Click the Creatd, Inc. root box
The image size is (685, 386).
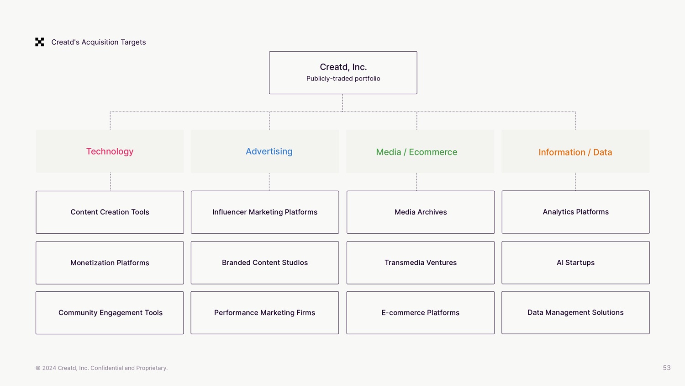pos(343,73)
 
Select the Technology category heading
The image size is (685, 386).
pos(110,151)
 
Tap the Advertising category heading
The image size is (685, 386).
pos(269,151)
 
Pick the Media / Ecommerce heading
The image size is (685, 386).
pos(416,152)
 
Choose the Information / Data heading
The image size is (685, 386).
pos(575,152)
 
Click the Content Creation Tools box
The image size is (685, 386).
pos(110,212)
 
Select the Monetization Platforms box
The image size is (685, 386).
pos(110,263)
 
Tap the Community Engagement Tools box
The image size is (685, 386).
pos(110,313)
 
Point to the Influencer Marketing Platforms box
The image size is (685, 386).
pos(265,212)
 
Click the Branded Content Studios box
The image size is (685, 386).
pos(265,263)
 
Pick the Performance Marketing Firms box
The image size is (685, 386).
pos(265,313)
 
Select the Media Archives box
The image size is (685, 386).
pos(421,212)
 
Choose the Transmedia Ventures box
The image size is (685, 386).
pos(421,263)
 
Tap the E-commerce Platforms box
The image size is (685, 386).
pos(421,313)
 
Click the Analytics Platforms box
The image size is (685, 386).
pos(575,212)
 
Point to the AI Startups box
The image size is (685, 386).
pos(575,263)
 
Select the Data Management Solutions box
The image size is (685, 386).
pos(575,312)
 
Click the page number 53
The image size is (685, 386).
pos(667,368)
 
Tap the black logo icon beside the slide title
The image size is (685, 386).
pos(40,42)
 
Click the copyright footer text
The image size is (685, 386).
pos(101,368)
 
